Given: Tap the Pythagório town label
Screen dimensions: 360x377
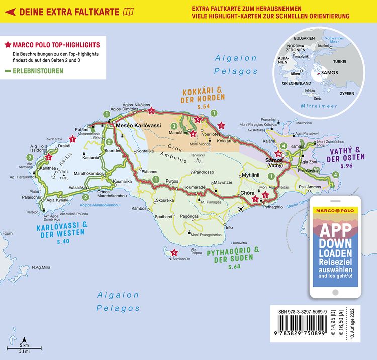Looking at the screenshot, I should (277, 207).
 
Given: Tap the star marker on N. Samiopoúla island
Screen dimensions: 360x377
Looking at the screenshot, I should (174, 253).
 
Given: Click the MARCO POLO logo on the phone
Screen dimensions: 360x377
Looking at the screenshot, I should (335, 210).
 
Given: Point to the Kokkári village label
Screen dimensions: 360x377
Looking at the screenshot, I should (224, 141).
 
